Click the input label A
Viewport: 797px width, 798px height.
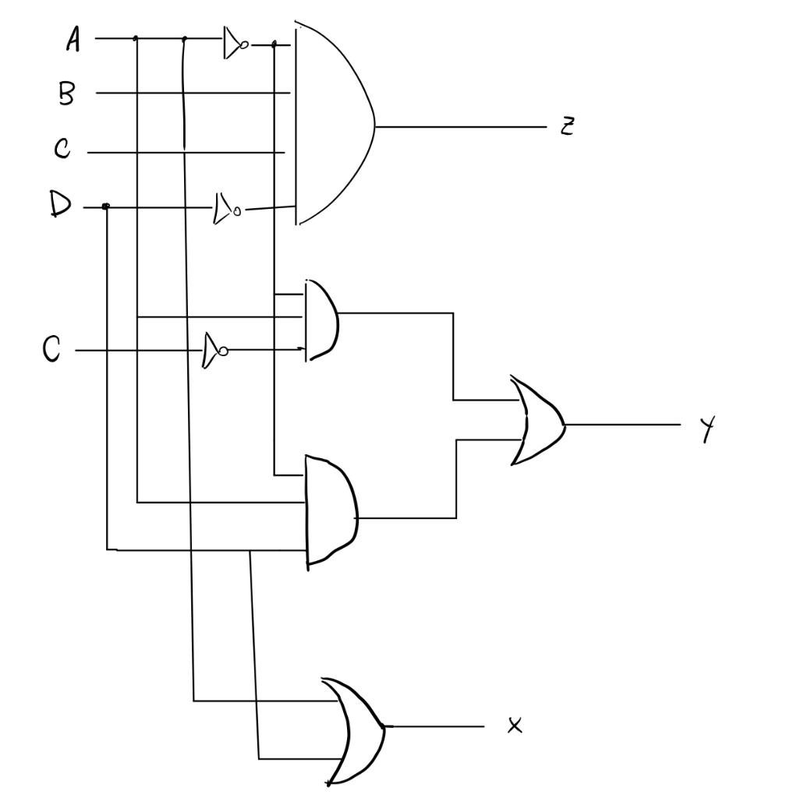click(x=73, y=39)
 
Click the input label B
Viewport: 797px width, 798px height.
click(x=67, y=94)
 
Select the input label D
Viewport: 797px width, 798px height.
click(x=59, y=206)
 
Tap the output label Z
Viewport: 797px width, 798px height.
click(x=567, y=126)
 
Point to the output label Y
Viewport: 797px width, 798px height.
click(x=707, y=428)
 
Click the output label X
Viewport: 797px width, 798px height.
click(x=515, y=726)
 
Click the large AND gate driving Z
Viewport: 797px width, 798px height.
click(x=331, y=125)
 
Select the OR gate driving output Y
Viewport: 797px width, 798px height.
click(x=537, y=422)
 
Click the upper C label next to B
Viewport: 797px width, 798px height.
click(x=63, y=149)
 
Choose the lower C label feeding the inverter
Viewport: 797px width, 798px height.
click(x=51, y=350)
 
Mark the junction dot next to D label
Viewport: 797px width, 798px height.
click(x=106, y=207)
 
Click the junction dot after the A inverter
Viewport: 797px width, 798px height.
click(x=274, y=44)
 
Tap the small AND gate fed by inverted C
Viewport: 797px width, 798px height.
click(x=322, y=320)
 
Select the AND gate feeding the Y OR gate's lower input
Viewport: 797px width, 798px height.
click(x=331, y=511)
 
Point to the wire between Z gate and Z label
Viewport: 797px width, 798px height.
click(x=460, y=126)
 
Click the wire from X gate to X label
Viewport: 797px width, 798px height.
click(x=437, y=726)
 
